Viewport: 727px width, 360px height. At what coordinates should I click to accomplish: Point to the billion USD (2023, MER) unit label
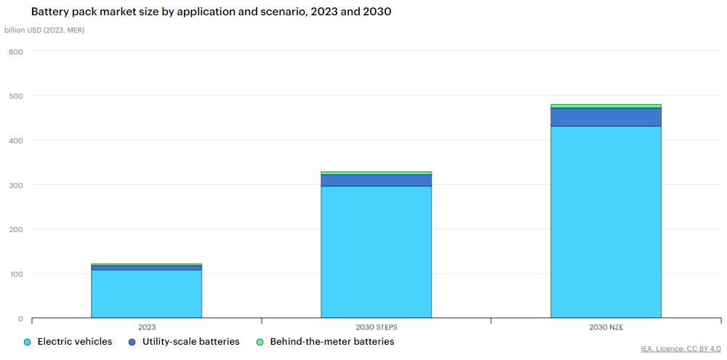(x=44, y=30)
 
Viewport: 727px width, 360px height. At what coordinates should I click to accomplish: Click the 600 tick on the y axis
(x=16, y=52)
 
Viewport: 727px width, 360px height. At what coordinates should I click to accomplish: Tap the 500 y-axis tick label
(x=16, y=96)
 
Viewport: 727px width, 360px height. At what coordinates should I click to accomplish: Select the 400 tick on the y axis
(x=16, y=140)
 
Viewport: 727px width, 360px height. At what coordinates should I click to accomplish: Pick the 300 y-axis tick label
(x=16, y=185)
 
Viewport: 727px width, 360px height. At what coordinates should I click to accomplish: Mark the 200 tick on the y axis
(x=16, y=230)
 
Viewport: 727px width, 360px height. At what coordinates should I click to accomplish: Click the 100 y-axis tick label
(x=16, y=274)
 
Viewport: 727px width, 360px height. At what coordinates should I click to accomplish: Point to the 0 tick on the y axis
(x=20, y=319)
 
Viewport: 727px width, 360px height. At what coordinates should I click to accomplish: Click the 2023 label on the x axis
(x=146, y=327)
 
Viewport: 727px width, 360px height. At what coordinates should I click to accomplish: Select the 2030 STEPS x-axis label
(x=376, y=327)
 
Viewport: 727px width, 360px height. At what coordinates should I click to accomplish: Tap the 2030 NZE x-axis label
(x=606, y=327)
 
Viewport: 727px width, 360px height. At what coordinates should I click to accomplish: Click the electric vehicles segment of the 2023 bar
(x=146, y=294)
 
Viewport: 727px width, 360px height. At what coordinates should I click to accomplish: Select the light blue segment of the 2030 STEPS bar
(x=376, y=252)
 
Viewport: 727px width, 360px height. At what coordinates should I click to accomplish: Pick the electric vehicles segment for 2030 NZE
(x=606, y=222)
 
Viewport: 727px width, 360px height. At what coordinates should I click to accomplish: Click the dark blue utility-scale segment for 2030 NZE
(x=606, y=117)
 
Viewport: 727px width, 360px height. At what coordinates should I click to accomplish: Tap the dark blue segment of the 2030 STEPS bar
(x=376, y=180)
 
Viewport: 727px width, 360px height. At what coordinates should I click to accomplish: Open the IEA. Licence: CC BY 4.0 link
(x=680, y=349)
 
